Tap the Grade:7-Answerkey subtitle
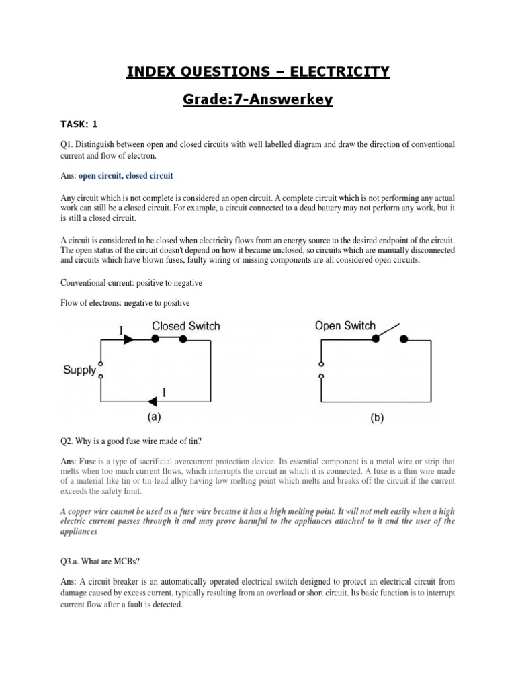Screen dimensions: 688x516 click(258, 101)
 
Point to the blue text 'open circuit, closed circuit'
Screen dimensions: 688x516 click(126, 175)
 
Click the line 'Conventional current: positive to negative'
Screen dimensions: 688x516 click(131, 283)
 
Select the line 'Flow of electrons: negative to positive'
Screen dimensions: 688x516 click(126, 303)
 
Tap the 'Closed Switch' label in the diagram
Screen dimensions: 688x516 click(185, 326)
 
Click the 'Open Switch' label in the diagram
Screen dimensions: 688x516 click(345, 326)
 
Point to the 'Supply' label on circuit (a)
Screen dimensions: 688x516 click(79, 370)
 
